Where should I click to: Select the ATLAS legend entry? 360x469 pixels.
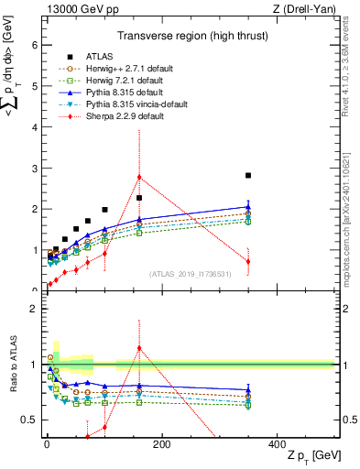(x=100, y=57)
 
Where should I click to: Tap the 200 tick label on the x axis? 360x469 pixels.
(x=161, y=443)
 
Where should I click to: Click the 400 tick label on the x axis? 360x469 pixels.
(x=277, y=443)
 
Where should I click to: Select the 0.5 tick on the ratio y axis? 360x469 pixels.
(x=29, y=420)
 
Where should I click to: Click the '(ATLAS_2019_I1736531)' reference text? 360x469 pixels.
(x=191, y=273)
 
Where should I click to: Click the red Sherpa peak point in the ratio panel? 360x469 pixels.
(x=139, y=348)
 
